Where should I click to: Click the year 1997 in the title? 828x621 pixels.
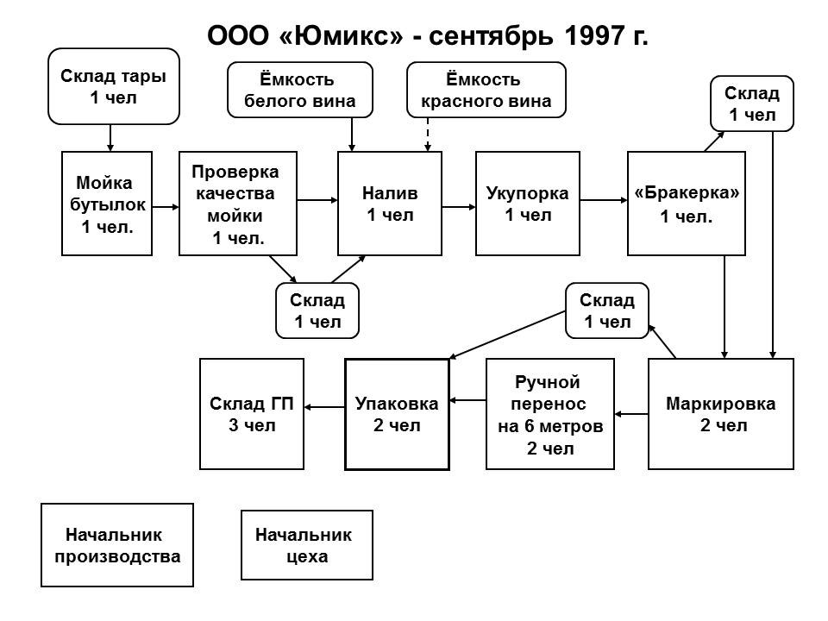click(x=594, y=36)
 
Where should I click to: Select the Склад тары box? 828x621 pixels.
click(x=114, y=86)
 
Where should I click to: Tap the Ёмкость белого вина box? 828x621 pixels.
click(x=300, y=90)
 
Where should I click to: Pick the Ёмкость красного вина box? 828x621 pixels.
click(x=486, y=90)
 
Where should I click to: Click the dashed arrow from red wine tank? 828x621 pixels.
click(x=428, y=135)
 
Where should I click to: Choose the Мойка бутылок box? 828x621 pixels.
click(x=107, y=204)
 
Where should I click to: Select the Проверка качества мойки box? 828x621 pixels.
click(x=238, y=204)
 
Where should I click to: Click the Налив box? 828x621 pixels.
click(x=390, y=204)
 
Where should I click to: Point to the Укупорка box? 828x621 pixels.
click(x=528, y=204)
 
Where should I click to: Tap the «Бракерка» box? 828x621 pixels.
click(x=687, y=204)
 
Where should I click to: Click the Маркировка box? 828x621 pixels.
click(x=721, y=414)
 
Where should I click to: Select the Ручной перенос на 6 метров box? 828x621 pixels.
click(x=550, y=414)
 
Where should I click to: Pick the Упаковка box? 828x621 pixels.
click(x=397, y=415)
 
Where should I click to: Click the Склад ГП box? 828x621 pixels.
click(x=252, y=414)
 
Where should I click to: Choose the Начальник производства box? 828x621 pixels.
click(x=117, y=545)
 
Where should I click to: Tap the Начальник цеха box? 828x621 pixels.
click(x=307, y=545)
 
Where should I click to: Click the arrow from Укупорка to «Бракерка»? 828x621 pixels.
click(x=604, y=200)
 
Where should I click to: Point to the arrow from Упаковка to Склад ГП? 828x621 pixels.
click(x=324, y=407)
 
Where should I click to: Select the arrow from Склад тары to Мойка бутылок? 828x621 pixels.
click(x=110, y=138)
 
